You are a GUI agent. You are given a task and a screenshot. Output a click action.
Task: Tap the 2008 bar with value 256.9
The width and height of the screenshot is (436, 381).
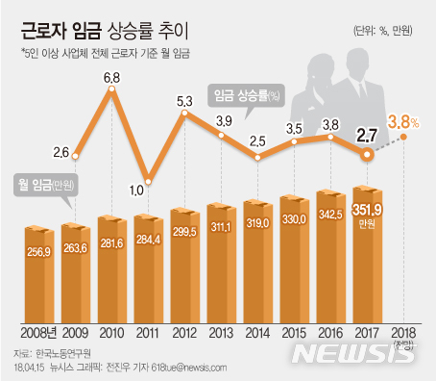click(42, 274)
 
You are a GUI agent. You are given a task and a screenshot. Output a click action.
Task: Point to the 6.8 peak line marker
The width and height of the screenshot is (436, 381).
click(113, 90)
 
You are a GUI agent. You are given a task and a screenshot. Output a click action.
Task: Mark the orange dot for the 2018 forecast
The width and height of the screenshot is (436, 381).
click(404, 136)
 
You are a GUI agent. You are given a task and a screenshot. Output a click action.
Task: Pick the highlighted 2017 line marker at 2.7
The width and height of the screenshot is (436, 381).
click(367, 157)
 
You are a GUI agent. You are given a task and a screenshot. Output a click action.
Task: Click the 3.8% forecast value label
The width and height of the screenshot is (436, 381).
click(404, 121)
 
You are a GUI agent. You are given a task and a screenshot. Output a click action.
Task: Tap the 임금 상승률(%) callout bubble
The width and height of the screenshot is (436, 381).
click(246, 94)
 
